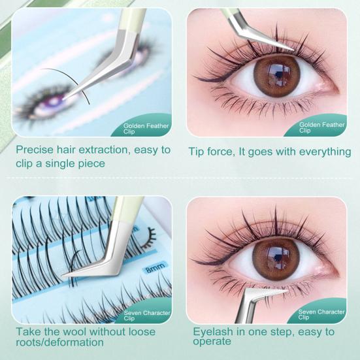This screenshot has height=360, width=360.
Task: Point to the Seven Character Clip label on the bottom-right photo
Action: [321, 315]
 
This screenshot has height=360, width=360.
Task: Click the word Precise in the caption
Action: [36, 150]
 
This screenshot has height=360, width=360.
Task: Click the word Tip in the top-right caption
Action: [197, 151]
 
